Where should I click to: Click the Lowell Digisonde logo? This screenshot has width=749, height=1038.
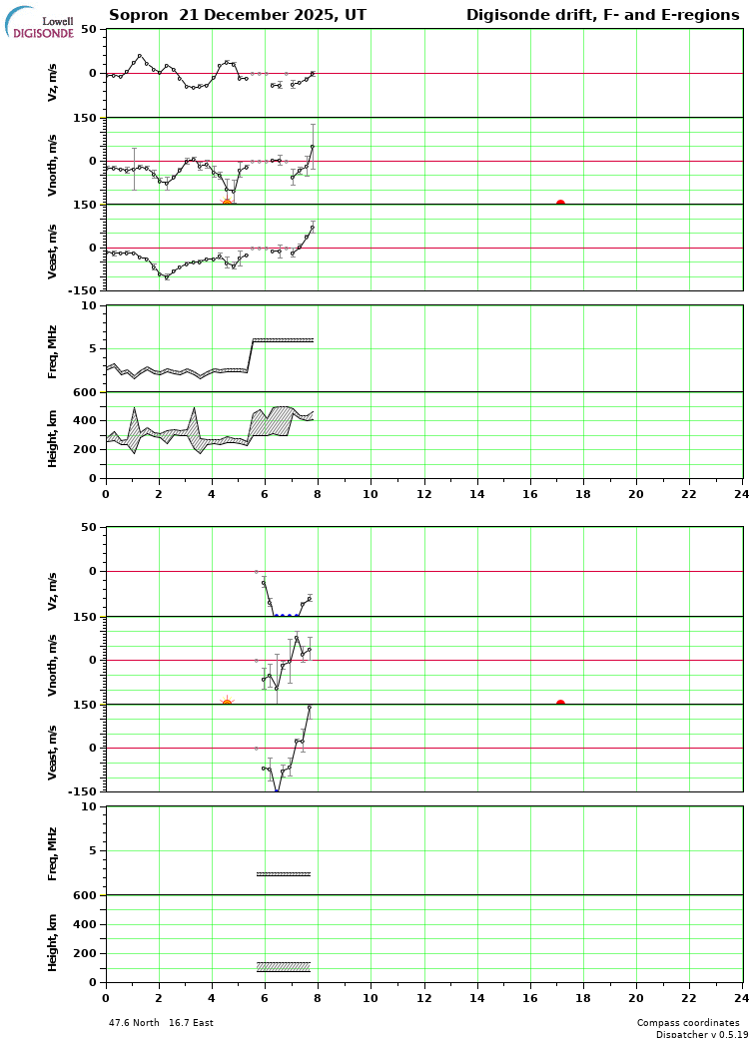(40, 23)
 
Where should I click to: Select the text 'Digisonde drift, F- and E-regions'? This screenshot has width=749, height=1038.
(602, 15)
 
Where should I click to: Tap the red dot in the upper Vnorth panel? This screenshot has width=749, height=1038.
(560, 204)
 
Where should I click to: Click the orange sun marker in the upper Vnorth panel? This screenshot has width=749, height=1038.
(227, 204)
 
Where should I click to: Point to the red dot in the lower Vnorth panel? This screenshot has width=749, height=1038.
(560, 704)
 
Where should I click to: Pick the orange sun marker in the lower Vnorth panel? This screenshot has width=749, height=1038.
(227, 704)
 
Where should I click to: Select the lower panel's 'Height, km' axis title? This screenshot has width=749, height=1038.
(53, 939)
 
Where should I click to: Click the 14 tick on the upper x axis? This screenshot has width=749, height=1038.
(477, 493)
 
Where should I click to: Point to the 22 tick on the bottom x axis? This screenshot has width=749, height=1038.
(689, 996)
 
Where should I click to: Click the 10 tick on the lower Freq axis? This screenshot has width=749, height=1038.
(89, 807)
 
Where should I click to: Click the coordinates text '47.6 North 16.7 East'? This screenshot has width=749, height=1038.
(161, 1023)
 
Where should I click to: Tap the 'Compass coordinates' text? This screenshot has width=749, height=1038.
(688, 1023)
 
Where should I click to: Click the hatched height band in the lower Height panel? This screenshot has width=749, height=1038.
(284, 966)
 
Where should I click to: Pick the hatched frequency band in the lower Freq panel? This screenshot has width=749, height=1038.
(284, 874)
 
